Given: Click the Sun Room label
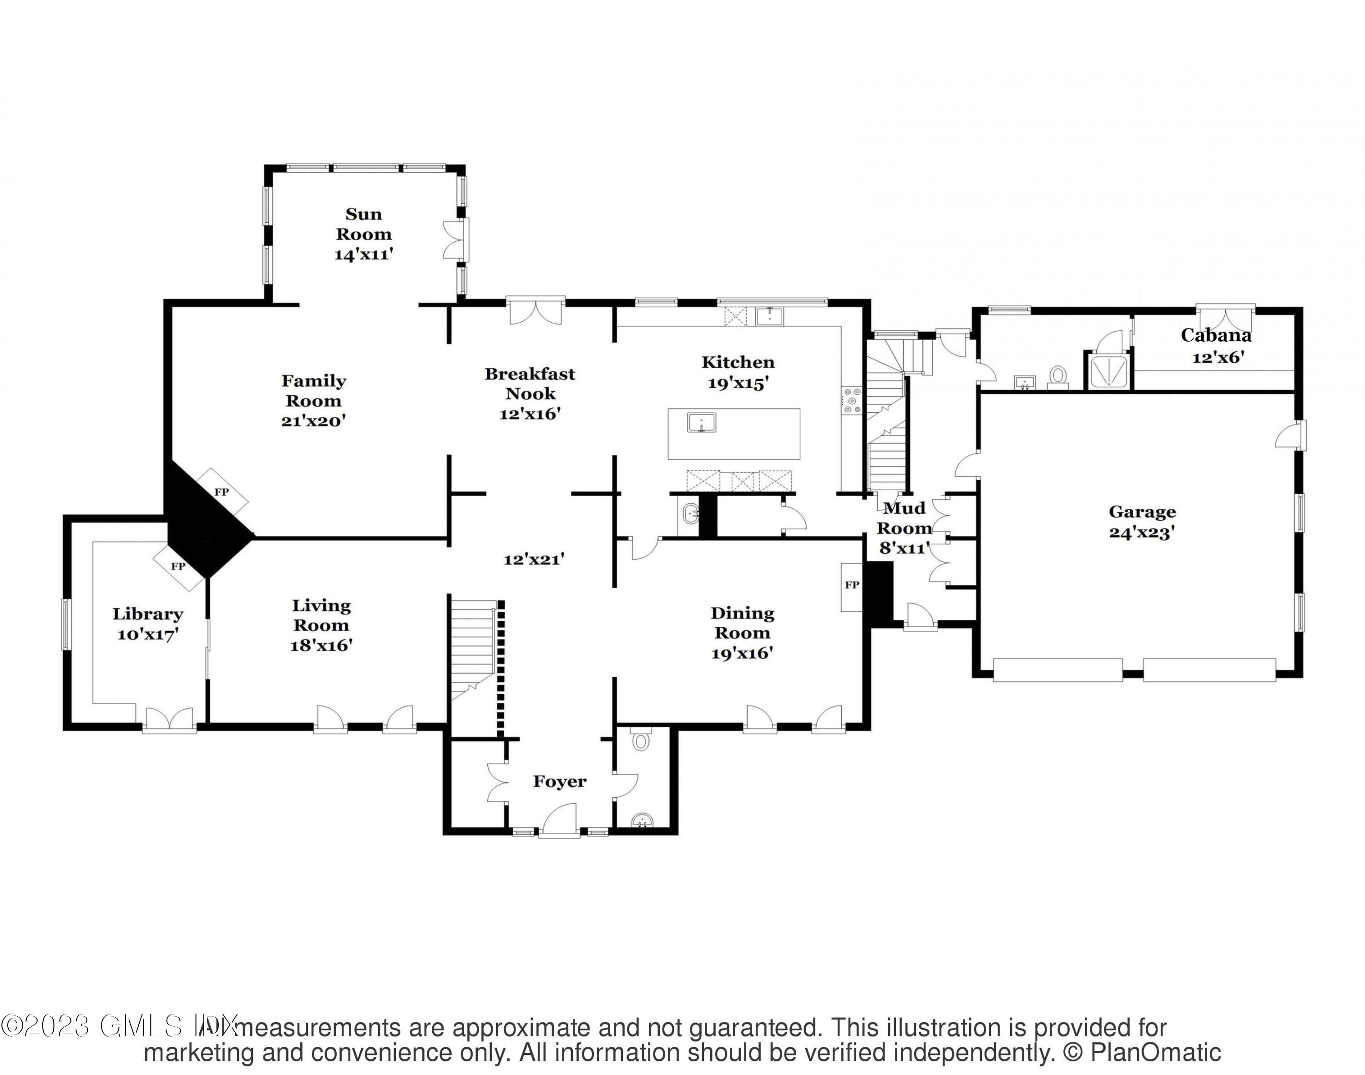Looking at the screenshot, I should click(363, 224).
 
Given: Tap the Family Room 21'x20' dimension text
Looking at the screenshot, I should click(313, 421).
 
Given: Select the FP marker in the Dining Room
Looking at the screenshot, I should click(851, 585).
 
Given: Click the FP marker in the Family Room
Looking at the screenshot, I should click(221, 492).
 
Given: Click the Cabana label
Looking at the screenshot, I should click(1215, 335).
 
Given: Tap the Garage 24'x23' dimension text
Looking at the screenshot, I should click(1142, 532).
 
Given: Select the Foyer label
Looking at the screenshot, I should click(560, 782).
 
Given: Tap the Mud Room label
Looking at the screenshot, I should click(905, 517).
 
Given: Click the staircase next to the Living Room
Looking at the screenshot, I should click(473, 648).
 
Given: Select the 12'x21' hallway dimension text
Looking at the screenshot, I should click(534, 559).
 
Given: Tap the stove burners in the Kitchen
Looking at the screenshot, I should click(852, 401).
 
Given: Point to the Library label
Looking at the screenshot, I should click(148, 614).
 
